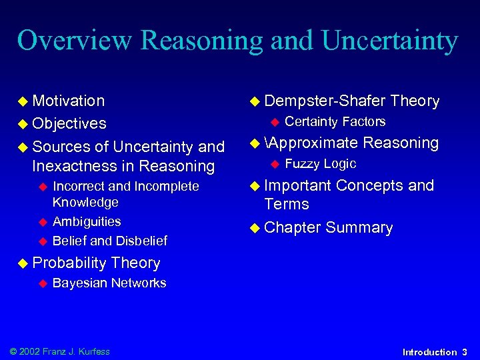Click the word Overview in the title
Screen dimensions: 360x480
coord(75,41)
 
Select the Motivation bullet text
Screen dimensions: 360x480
coord(68,101)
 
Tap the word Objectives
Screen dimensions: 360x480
coord(69,123)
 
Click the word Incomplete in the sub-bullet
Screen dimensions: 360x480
coord(167,186)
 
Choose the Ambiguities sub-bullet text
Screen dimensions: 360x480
coord(87,221)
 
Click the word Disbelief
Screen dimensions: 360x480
coord(141,240)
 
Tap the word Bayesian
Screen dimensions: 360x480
coord(79,283)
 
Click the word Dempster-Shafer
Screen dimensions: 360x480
coord(325,101)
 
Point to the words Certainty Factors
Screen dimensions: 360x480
coord(335,121)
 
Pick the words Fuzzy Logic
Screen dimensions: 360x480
coord(321,163)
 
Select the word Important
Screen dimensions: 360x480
coord(297,185)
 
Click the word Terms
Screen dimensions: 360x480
coord(287,204)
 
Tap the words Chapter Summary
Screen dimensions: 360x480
coord(329,227)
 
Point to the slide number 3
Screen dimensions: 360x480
coord(465,352)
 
